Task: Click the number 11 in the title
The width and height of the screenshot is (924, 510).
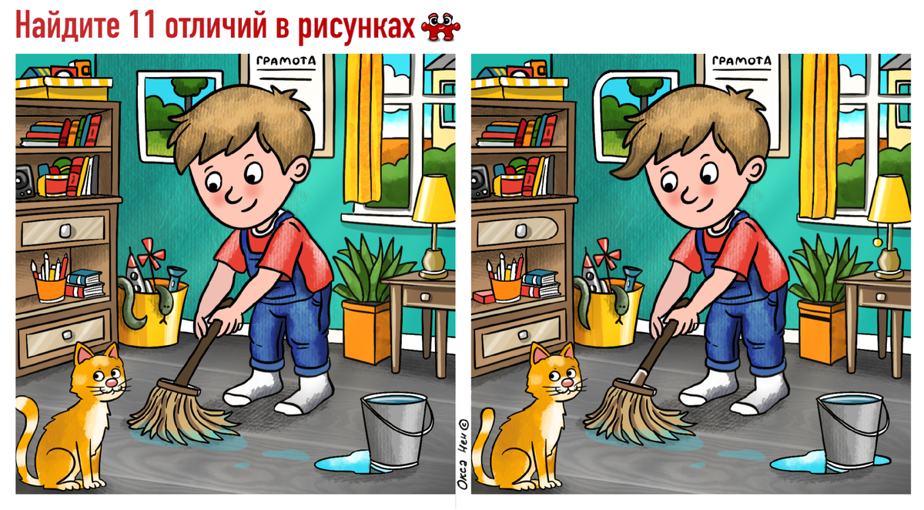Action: pyautogui.click(x=142, y=25)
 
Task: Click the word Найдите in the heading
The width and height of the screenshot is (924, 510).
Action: pyautogui.click(x=67, y=25)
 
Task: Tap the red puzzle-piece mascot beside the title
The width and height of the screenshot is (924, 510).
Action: pyautogui.click(x=440, y=27)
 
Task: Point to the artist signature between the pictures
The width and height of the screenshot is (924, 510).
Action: pyautogui.click(x=464, y=455)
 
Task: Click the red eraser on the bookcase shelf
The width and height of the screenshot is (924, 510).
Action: pyautogui.click(x=484, y=297)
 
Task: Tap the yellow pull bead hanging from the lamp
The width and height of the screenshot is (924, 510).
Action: pyautogui.click(x=877, y=242)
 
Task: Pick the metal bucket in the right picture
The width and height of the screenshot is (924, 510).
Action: pyautogui.click(x=852, y=430)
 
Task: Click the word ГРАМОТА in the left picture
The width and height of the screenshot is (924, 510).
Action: pyautogui.click(x=286, y=61)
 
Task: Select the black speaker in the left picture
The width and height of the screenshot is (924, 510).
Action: pyautogui.click(x=25, y=182)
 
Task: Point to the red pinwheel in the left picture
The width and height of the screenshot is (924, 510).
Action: pyautogui.click(x=151, y=253)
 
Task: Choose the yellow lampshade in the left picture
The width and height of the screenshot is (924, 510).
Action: pyautogui.click(x=435, y=200)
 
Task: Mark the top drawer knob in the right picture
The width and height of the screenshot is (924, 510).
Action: pyautogui.click(x=521, y=230)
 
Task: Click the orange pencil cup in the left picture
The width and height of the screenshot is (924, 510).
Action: pyautogui.click(x=50, y=289)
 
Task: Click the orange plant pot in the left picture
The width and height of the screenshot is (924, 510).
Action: pyautogui.click(x=367, y=331)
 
